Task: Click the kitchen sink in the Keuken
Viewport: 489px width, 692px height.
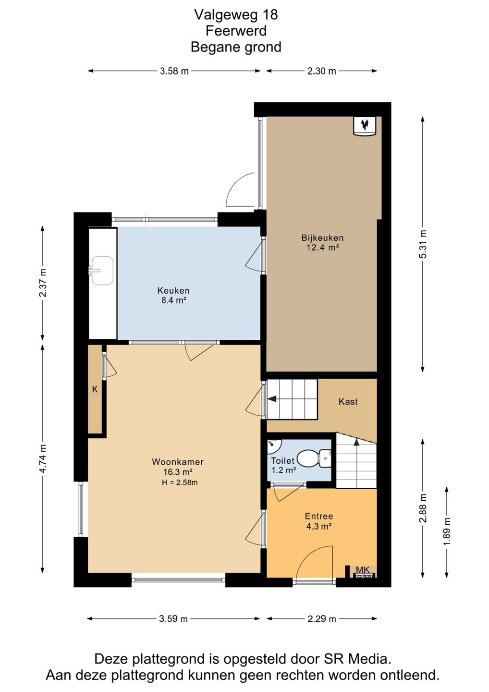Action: tap(102, 270)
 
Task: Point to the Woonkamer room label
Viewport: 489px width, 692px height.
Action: tap(178, 462)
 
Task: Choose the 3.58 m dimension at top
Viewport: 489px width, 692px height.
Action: tap(174, 71)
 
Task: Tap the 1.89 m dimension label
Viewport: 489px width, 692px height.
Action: tap(447, 531)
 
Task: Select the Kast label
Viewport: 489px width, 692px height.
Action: tap(348, 402)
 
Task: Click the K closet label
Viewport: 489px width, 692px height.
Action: tap(95, 390)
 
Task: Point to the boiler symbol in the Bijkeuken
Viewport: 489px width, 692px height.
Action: tap(365, 125)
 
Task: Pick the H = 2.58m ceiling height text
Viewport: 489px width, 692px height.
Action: tap(180, 482)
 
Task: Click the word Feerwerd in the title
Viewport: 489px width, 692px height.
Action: tap(236, 31)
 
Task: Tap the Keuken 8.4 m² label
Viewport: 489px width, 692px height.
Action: tap(173, 295)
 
